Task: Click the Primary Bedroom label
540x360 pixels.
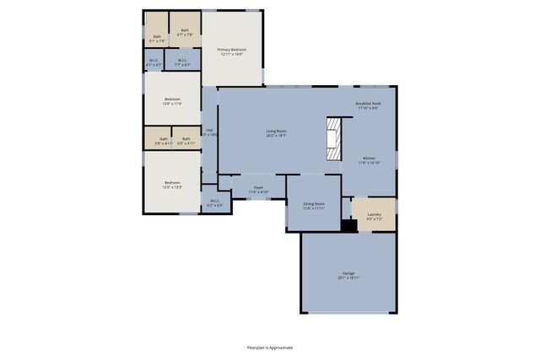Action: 231,51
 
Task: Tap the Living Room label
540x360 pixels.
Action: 276,132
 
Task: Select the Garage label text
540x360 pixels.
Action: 348,275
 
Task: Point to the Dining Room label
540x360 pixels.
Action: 314,205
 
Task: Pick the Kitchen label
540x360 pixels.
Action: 370,160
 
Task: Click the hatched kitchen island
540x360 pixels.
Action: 334,137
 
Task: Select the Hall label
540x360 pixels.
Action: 209,132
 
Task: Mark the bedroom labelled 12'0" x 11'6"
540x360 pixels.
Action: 172,101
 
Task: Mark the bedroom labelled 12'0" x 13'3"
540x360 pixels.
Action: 172,185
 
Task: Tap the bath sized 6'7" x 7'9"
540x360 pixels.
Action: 185,32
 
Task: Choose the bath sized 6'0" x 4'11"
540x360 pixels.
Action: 186,140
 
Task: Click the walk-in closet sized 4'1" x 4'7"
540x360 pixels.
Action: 154,62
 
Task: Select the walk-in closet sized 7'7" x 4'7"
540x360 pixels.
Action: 181,62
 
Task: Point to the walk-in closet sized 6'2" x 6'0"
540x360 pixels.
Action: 214,202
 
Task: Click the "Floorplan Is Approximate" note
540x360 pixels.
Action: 270,347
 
